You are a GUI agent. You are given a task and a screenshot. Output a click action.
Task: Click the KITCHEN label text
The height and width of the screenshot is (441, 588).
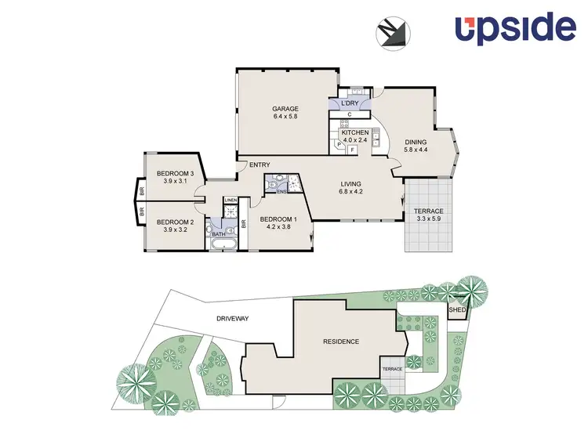(354, 133)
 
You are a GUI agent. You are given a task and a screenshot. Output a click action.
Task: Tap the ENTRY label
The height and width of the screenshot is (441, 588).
(260, 164)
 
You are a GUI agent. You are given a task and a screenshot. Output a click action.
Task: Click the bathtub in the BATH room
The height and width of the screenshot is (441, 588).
(223, 244)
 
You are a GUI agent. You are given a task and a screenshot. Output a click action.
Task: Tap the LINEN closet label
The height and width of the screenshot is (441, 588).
(230, 201)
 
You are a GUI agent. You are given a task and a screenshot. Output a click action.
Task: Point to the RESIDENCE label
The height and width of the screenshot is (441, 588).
(341, 342)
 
